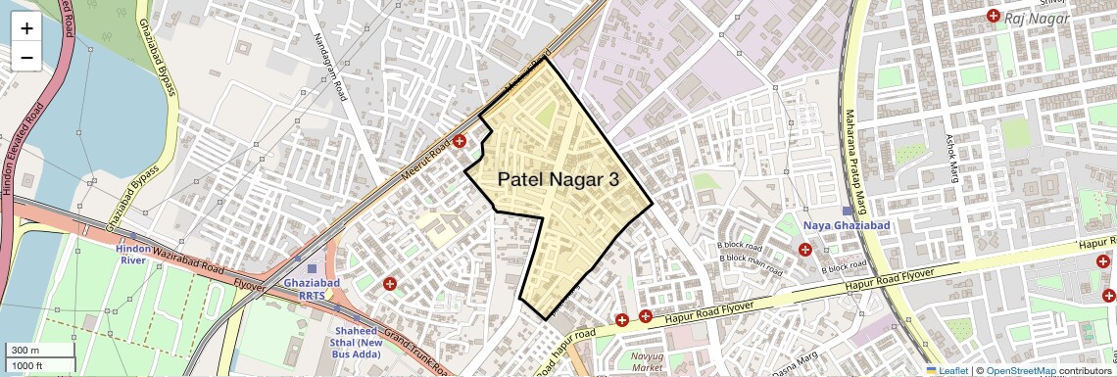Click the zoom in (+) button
[x=26, y=28]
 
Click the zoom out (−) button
[x=26, y=57]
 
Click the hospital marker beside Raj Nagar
[x=994, y=17]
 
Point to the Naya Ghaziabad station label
[x=847, y=225]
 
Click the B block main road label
[x=756, y=259]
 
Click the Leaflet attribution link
[x=948, y=370]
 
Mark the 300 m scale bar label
[x=24, y=351]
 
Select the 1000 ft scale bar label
[x=27, y=365]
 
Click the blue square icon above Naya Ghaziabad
[x=848, y=211]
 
